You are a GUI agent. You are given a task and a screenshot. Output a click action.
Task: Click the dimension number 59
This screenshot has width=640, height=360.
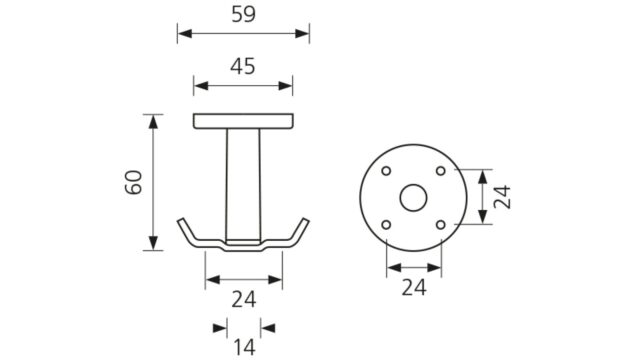[x=244, y=14]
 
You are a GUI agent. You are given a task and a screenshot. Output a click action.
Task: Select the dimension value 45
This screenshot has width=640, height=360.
[x=243, y=66]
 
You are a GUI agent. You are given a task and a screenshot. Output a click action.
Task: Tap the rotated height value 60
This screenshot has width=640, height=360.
[x=133, y=182]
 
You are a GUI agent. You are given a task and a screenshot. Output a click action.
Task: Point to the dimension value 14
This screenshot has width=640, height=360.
[x=244, y=348]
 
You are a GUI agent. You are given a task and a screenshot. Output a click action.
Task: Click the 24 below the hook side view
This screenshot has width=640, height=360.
[x=244, y=300]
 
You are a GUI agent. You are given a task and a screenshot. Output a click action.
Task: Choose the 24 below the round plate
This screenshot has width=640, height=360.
[x=414, y=288]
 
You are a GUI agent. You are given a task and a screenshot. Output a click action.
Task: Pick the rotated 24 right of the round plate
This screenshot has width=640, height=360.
[x=502, y=197]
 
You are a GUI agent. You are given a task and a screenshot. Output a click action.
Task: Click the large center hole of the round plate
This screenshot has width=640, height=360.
[x=413, y=198]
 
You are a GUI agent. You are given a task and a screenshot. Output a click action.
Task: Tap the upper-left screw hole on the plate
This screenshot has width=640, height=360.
[x=386, y=171]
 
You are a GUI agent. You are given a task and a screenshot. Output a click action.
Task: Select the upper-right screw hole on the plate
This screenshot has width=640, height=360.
[x=441, y=171]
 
